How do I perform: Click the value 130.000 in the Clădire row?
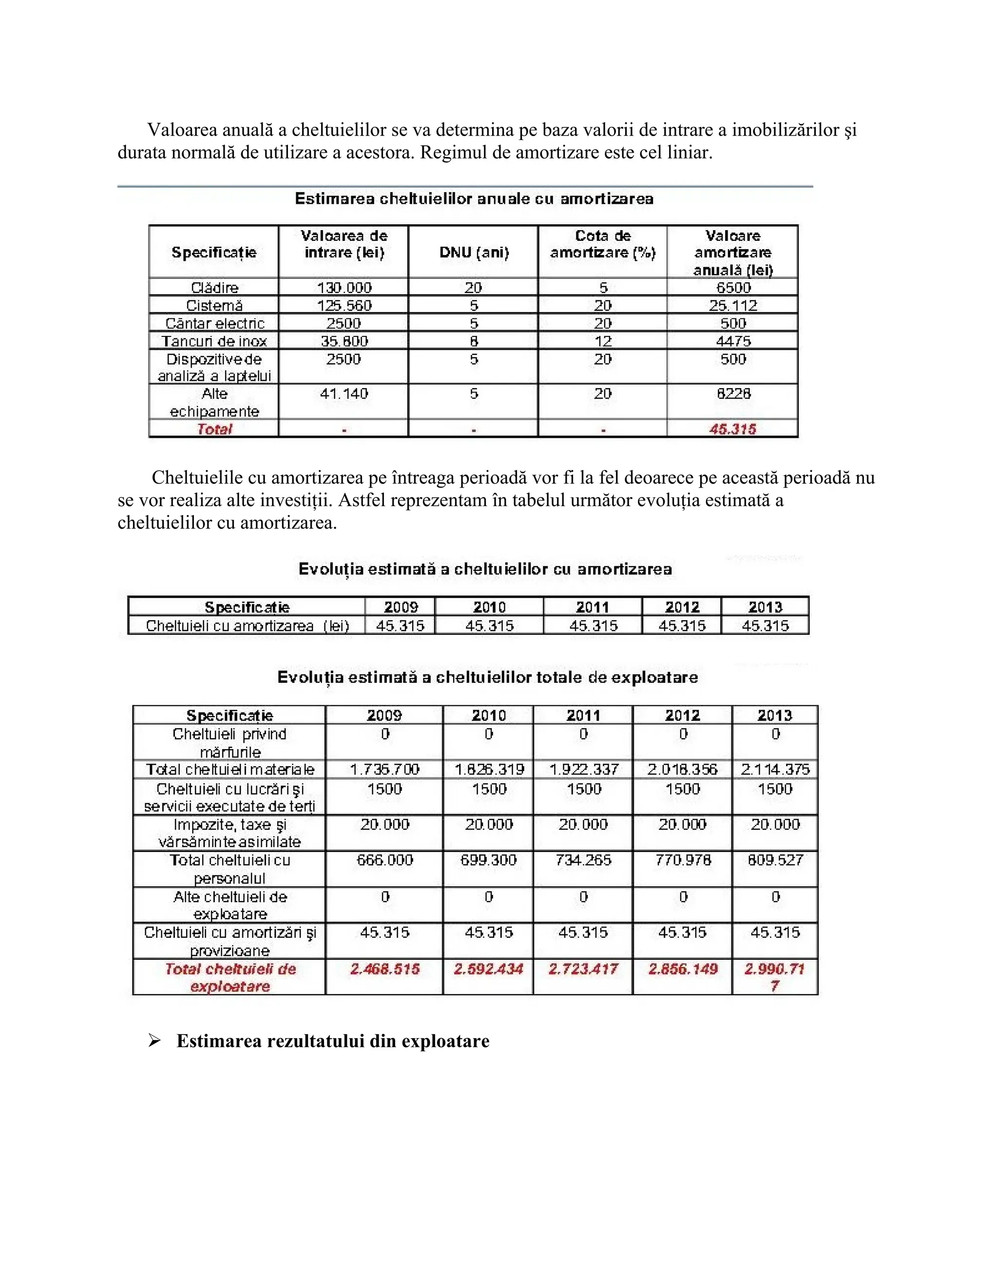(x=344, y=288)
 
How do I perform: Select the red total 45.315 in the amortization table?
(x=733, y=429)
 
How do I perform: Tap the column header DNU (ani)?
(x=474, y=253)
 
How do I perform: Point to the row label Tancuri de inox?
(x=214, y=341)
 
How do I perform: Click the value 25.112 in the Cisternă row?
(x=733, y=306)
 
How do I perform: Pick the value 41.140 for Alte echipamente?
(x=344, y=394)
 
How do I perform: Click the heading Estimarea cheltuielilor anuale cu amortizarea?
(x=474, y=199)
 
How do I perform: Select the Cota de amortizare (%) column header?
(x=602, y=244)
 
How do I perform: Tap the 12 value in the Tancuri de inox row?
(x=602, y=341)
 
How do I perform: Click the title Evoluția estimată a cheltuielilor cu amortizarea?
(x=485, y=569)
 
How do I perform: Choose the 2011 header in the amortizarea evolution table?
(x=592, y=607)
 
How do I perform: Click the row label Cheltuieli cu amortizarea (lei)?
(x=247, y=626)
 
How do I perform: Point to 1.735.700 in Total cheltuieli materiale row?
(x=384, y=770)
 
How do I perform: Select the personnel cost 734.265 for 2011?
(x=583, y=860)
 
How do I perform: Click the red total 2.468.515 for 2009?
(x=384, y=969)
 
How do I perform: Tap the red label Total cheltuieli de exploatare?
(x=230, y=978)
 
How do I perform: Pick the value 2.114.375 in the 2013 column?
(x=775, y=770)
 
